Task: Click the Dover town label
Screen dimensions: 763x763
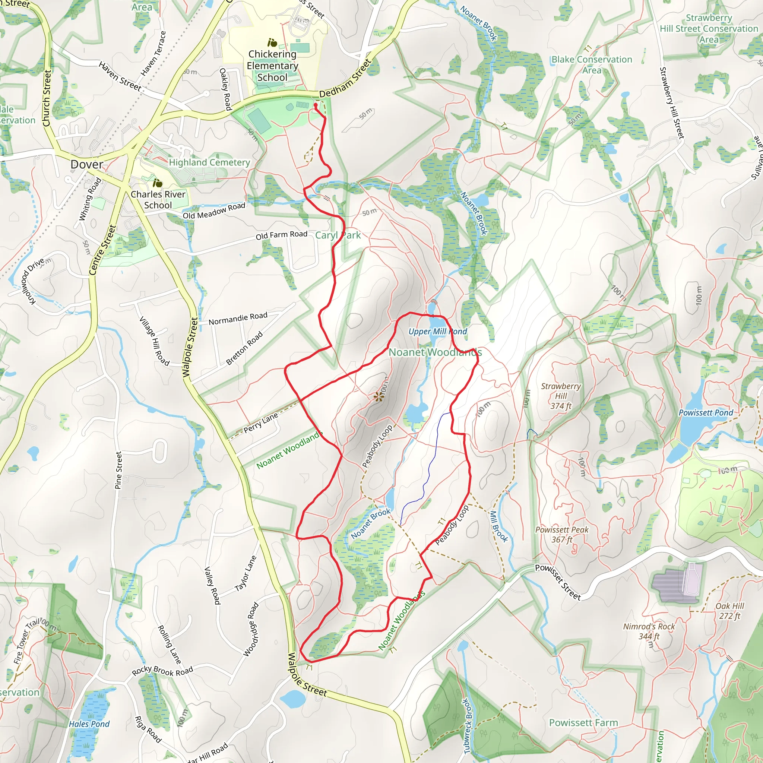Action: pos(86,164)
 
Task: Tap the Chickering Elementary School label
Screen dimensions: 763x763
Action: pos(272,66)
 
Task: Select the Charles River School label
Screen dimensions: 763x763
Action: pos(158,199)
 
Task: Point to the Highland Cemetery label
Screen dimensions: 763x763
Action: pos(209,162)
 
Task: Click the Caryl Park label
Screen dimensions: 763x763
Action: pos(338,235)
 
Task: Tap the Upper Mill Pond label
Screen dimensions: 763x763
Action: pos(438,331)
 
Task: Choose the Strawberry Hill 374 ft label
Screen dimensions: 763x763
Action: pos(561,396)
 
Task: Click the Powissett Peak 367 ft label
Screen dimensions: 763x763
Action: pos(561,534)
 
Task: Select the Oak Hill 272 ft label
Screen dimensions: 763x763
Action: pos(730,611)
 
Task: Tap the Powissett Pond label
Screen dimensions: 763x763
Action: pos(706,413)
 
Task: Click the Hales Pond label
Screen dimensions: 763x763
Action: pos(89,724)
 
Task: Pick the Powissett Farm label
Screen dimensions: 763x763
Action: pos(583,723)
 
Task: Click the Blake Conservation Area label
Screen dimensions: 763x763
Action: pos(592,65)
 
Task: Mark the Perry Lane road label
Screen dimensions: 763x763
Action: pos(261,422)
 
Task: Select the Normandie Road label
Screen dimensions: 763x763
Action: pos(238,318)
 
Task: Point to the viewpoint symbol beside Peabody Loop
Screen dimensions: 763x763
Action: pos(379,397)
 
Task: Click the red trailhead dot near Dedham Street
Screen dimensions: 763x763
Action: pos(316,105)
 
